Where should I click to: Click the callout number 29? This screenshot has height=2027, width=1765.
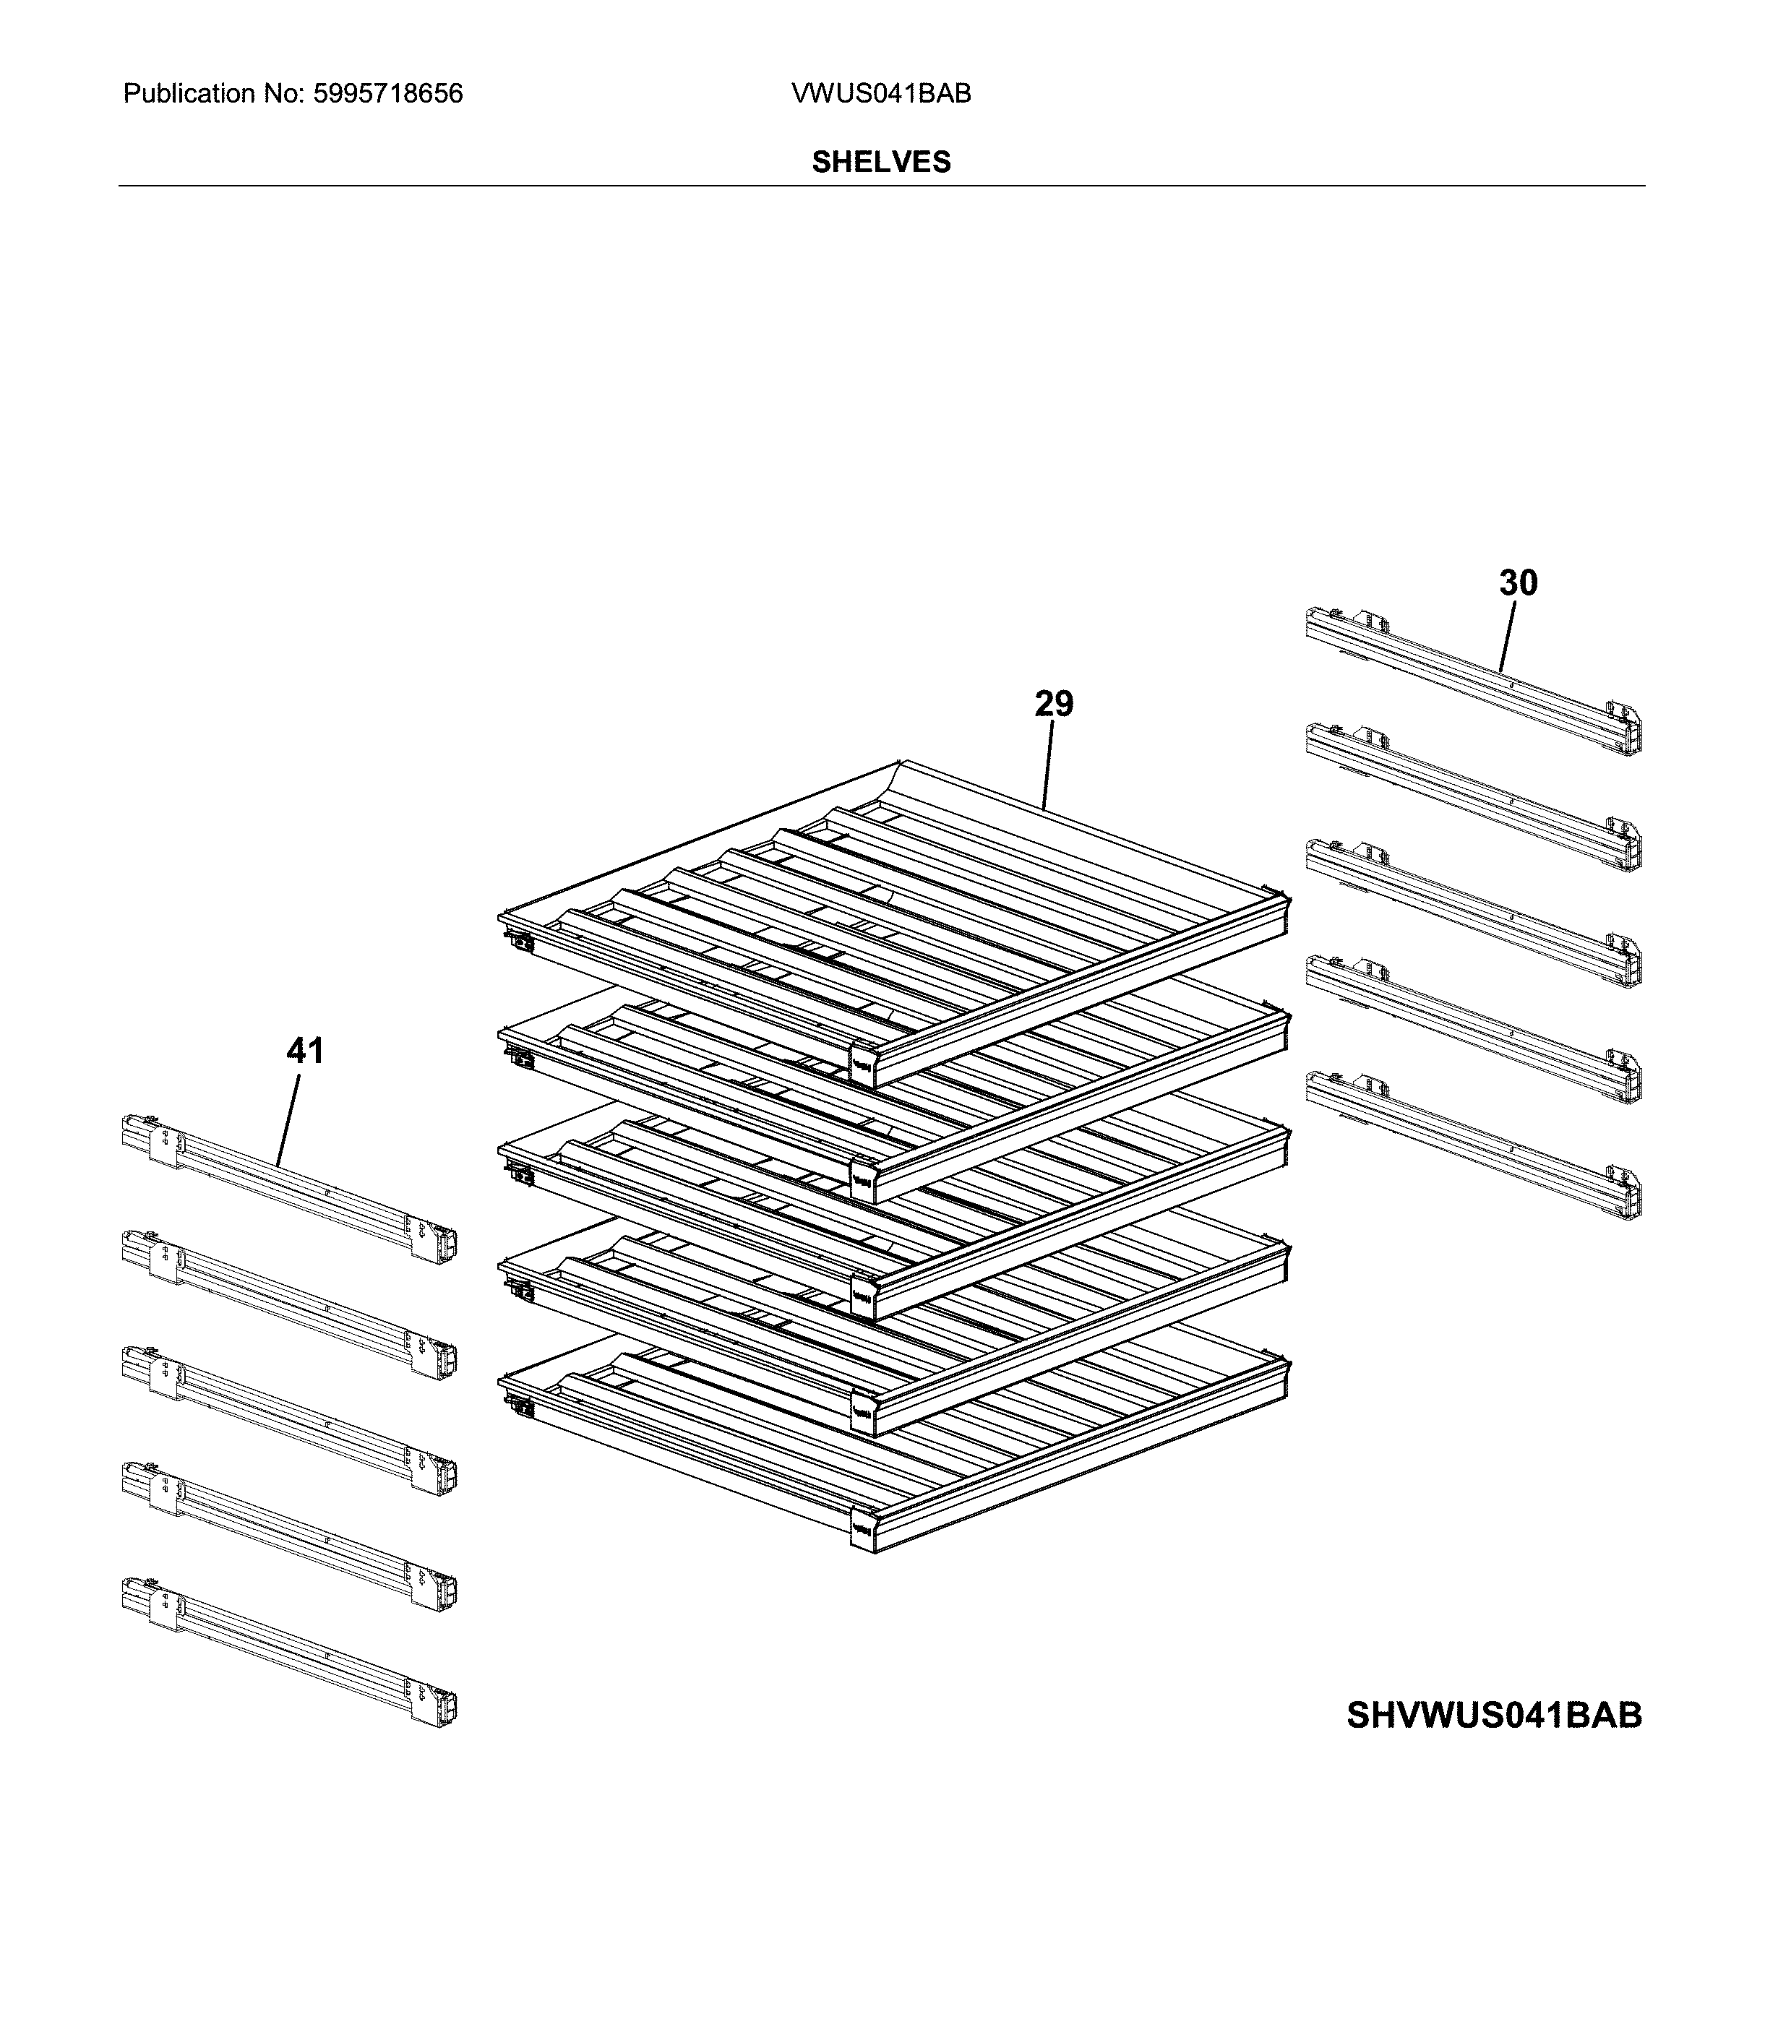(x=1053, y=705)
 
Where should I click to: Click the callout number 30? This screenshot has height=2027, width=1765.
(x=1518, y=583)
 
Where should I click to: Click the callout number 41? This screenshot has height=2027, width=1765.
(x=304, y=1051)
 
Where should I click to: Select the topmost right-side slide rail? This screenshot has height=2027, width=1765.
(x=1472, y=679)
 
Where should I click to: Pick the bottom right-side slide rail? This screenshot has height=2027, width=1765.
(x=1472, y=1145)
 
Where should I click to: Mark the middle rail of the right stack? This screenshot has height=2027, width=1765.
(x=1472, y=912)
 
